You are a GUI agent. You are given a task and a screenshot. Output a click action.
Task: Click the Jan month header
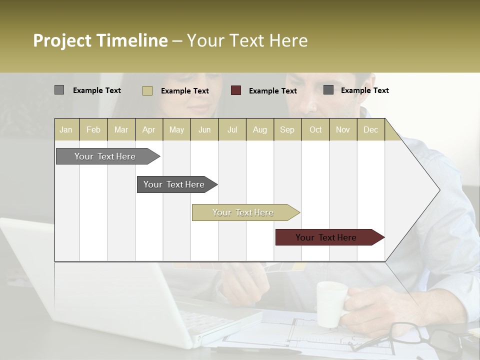click(66, 129)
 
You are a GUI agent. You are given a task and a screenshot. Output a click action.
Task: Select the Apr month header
click(149, 129)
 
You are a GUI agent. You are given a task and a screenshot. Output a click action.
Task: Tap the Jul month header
click(232, 129)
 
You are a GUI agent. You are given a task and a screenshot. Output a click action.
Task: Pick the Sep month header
click(287, 129)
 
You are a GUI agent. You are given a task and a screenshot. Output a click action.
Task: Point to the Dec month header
click(370, 129)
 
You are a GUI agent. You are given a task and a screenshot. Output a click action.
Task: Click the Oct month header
click(315, 129)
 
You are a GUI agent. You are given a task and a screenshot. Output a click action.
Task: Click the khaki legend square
click(147, 90)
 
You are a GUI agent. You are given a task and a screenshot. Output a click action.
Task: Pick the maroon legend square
click(236, 90)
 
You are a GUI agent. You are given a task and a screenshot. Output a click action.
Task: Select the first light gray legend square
click(59, 90)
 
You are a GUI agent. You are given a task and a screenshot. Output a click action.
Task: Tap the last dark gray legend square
click(328, 90)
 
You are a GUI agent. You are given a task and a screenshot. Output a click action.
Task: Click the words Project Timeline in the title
click(100, 40)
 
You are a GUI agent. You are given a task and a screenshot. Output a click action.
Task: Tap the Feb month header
click(93, 129)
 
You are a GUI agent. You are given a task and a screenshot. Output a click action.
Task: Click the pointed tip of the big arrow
click(438, 190)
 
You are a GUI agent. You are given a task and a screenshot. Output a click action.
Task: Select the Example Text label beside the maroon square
click(272, 91)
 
